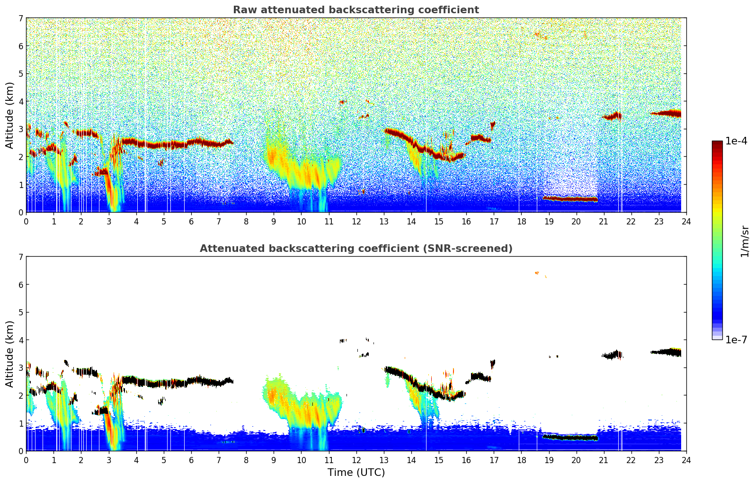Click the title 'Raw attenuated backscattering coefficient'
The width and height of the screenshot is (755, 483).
pyautogui.click(x=355, y=10)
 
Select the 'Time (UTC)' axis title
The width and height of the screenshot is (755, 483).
pyautogui.click(x=356, y=473)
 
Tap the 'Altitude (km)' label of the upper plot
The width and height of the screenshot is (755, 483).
pyautogui.click(x=10, y=115)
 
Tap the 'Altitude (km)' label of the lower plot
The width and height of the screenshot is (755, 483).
pyautogui.click(x=10, y=354)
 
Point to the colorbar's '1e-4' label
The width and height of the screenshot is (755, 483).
pyautogui.click(x=736, y=141)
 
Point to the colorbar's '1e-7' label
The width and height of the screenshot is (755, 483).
pyautogui.click(x=736, y=340)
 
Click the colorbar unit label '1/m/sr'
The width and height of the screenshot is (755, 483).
pyautogui.click(x=744, y=241)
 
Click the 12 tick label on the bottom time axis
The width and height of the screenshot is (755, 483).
pyautogui.click(x=356, y=460)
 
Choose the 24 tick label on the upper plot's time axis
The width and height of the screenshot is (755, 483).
pyautogui.click(x=686, y=222)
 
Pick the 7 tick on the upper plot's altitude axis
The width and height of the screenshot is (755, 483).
pyautogui.click(x=20, y=18)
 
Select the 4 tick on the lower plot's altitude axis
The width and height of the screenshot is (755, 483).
pyautogui.click(x=20, y=340)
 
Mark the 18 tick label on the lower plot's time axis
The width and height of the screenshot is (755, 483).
pyautogui.click(x=521, y=460)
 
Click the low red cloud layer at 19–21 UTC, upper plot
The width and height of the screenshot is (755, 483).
pyautogui.click(x=570, y=199)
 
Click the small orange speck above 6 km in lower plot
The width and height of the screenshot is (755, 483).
pyautogui.click(x=537, y=273)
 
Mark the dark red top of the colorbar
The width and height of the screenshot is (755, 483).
pyautogui.click(x=717, y=144)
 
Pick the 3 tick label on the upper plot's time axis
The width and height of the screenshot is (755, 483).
pyautogui.click(x=109, y=222)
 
